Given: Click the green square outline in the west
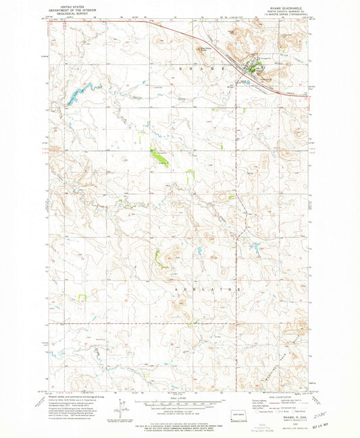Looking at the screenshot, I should coord(82,297).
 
